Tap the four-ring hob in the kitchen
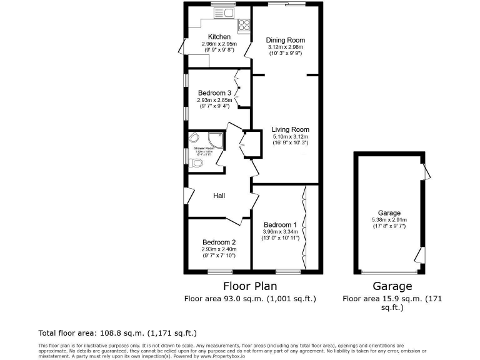click(x=244, y=26)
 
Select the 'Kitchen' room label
click(x=219, y=37)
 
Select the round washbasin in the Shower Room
click(x=194, y=139)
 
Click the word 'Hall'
click(x=219, y=196)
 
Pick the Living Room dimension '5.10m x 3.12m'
click(x=290, y=137)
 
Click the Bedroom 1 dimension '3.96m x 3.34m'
click(x=280, y=232)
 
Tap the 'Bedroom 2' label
click(x=219, y=242)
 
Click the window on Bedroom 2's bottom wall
click(x=219, y=272)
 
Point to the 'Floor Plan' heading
click(x=250, y=286)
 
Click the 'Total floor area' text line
click(x=118, y=333)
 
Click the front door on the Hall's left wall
click(x=185, y=194)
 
